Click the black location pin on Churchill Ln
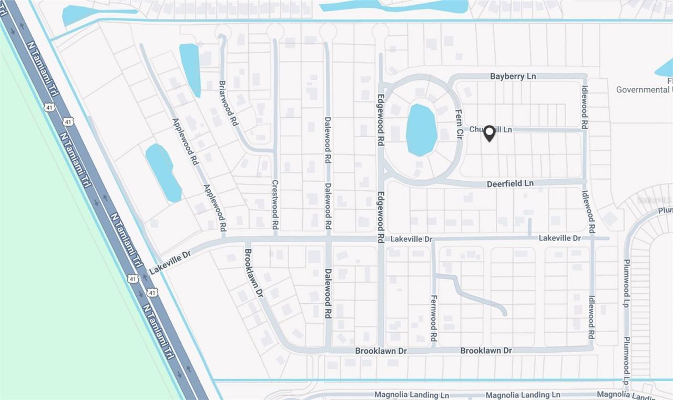coord(489,133)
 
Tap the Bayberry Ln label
coord(513,76)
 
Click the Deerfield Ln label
coord(510,183)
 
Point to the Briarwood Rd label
coord(228,102)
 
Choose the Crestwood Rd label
coord(274,204)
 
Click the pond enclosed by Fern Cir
coord(422,130)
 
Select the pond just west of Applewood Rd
coord(163,172)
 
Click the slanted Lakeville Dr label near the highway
coord(169,262)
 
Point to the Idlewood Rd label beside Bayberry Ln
coord(584,103)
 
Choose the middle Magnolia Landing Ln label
coord(523,395)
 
